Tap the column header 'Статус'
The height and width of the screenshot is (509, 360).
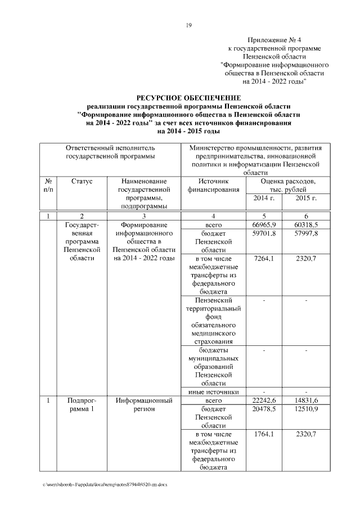82,182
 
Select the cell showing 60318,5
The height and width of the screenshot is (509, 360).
307,225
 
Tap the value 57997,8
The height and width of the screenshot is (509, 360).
307,233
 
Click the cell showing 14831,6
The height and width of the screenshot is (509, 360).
307,400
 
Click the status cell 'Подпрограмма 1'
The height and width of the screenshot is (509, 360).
82,404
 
